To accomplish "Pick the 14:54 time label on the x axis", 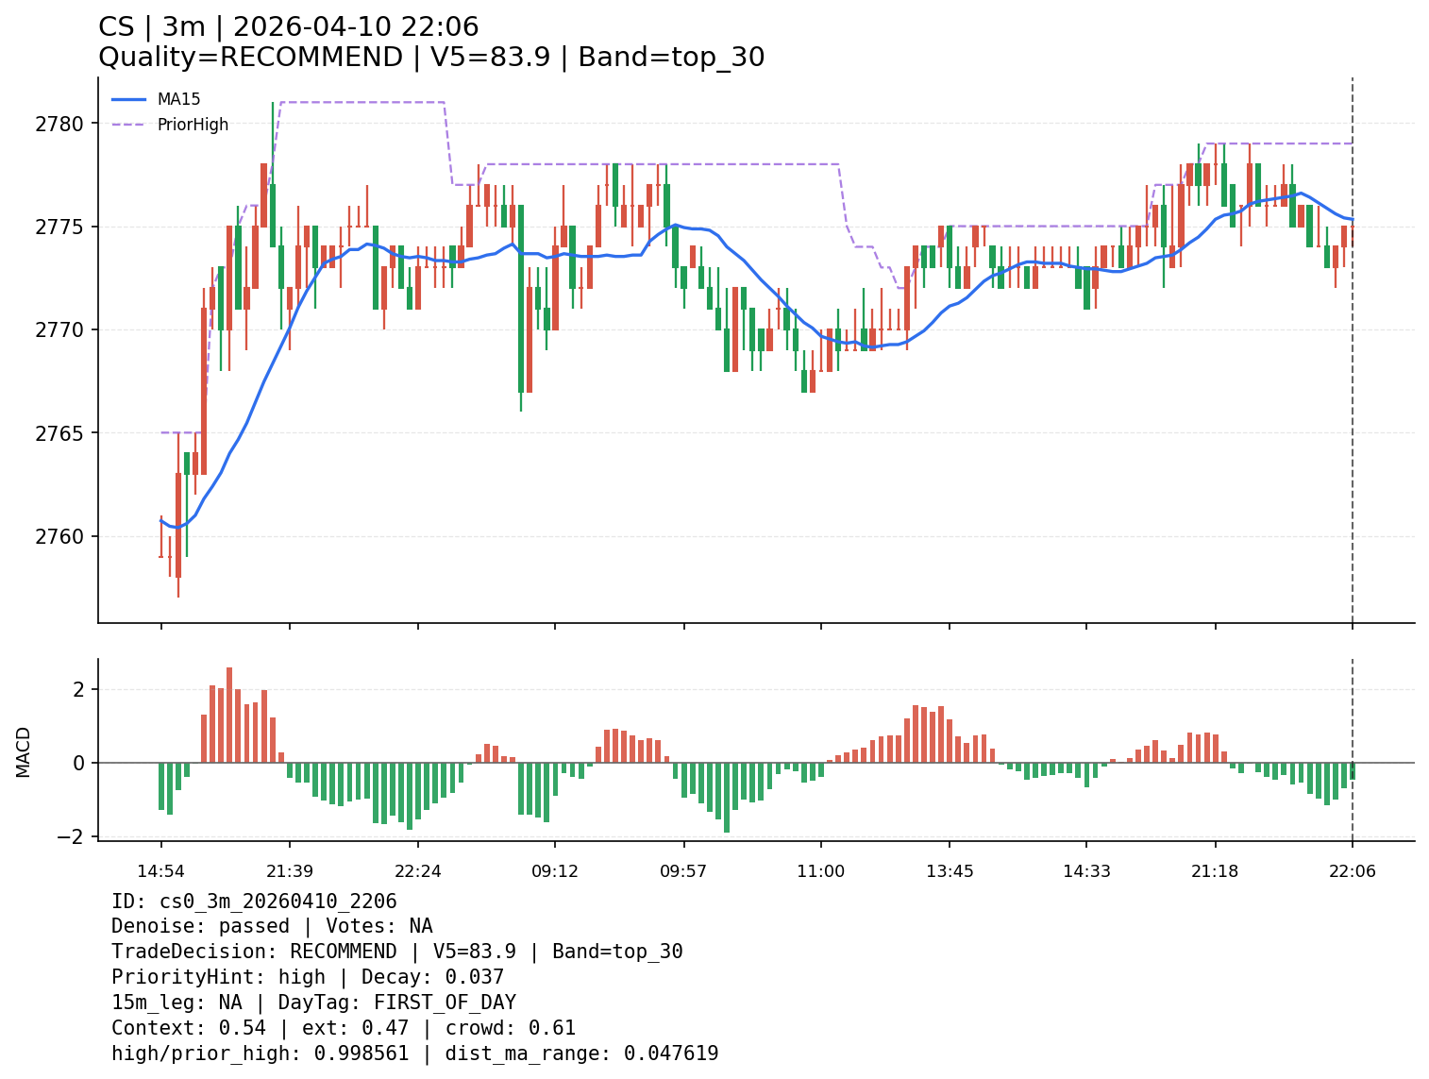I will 160,871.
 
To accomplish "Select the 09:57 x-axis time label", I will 683,871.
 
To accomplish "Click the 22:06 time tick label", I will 1352,871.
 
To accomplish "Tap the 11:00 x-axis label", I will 820,871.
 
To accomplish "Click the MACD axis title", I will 24,751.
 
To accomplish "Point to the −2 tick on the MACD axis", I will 72,836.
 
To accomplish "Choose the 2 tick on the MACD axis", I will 79,690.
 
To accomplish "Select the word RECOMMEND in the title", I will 311,58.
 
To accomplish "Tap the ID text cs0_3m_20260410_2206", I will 278,902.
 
